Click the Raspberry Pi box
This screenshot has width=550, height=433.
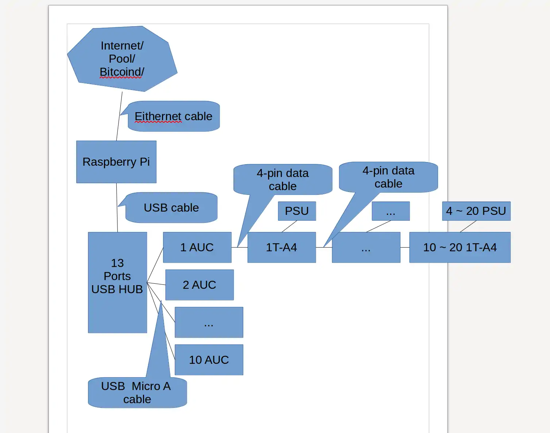pyautogui.click(x=116, y=162)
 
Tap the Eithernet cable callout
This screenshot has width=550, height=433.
pyautogui.click(x=174, y=117)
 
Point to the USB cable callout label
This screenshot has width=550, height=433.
pyautogui.click(x=171, y=208)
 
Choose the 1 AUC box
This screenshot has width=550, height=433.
pyautogui.click(x=197, y=247)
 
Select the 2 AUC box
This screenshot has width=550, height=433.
pyautogui.click(x=199, y=285)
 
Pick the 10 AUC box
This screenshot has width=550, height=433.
pyautogui.click(x=209, y=360)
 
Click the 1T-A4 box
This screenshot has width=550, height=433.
pyautogui.click(x=281, y=247)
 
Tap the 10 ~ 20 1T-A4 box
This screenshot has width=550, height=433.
pyautogui.click(x=460, y=247)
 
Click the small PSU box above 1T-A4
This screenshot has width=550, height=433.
pyautogui.click(x=297, y=211)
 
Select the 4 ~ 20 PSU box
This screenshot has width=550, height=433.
pyautogui.click(x=476, y=211)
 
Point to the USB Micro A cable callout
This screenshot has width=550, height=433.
pyautogui.click(x=137, y=393)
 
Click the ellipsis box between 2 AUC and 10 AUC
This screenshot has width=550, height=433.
pyautogui.click(x=209, y=322)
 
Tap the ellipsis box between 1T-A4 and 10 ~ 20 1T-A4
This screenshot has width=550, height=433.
pyautogui.click(x=366, y=247)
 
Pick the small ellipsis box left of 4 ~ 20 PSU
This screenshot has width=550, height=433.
pyautogui.click(x=390, y=211)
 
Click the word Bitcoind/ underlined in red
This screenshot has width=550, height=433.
pyautogui.click(x=122, y=72)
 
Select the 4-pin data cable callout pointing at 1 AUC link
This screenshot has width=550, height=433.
pyautogui.click(x=283, y=180)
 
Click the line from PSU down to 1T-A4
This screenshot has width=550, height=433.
pyautogui.click(x=289, y=227)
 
